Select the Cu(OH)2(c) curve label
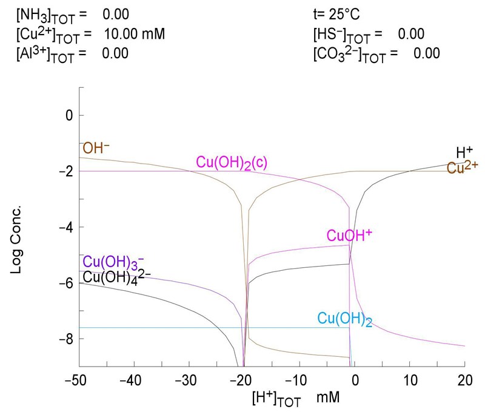point(232,162)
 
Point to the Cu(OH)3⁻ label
point(113,262)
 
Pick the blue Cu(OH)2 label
point(344,319)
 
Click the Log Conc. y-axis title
point(16,226)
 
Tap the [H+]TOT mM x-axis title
point(296,399)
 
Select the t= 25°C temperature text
point(338,13)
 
